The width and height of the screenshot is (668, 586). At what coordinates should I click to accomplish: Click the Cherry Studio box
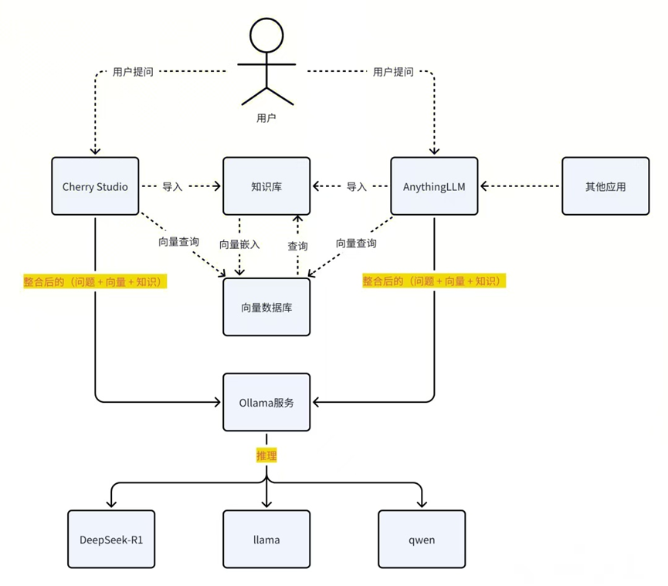point(95,186)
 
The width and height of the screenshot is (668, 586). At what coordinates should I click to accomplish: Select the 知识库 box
point(266,186)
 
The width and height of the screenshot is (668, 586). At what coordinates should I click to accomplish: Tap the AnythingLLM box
point(434,186)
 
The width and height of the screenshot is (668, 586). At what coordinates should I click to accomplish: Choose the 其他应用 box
point(605,186)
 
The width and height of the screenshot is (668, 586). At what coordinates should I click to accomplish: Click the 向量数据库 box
point(266,307)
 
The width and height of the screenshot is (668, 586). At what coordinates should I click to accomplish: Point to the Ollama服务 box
point(266,402)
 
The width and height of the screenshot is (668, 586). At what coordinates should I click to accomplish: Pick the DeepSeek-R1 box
point(111,539)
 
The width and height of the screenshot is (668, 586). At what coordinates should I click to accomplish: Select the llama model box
point(266,539)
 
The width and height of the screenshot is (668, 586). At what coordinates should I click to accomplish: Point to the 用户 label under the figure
point(266,118)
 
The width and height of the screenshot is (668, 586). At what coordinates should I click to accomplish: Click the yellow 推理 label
point(266,456)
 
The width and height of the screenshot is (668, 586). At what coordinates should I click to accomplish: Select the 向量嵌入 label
point(239,244)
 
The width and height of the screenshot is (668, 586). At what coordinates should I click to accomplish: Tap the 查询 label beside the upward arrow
point(297,246)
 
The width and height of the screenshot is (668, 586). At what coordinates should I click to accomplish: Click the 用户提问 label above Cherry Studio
point(133,72)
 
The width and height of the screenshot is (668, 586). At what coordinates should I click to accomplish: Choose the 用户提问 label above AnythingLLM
point(393,72)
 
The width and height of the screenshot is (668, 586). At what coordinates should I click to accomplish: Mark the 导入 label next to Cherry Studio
point(172,186)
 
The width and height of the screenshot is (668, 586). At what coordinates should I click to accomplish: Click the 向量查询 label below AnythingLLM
point(356,243)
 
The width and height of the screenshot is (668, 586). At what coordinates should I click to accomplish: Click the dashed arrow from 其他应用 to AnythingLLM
point(521,186)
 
